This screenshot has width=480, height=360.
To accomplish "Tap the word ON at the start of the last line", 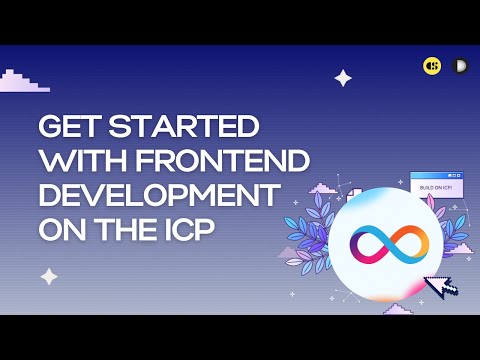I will coord(57,228).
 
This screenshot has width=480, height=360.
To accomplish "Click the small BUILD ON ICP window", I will coord(436,188).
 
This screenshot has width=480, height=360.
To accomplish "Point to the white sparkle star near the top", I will coord(343,78).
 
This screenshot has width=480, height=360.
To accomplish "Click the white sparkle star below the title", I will coord(48,276).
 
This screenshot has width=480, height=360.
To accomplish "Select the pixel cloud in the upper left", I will coord(22,82).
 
